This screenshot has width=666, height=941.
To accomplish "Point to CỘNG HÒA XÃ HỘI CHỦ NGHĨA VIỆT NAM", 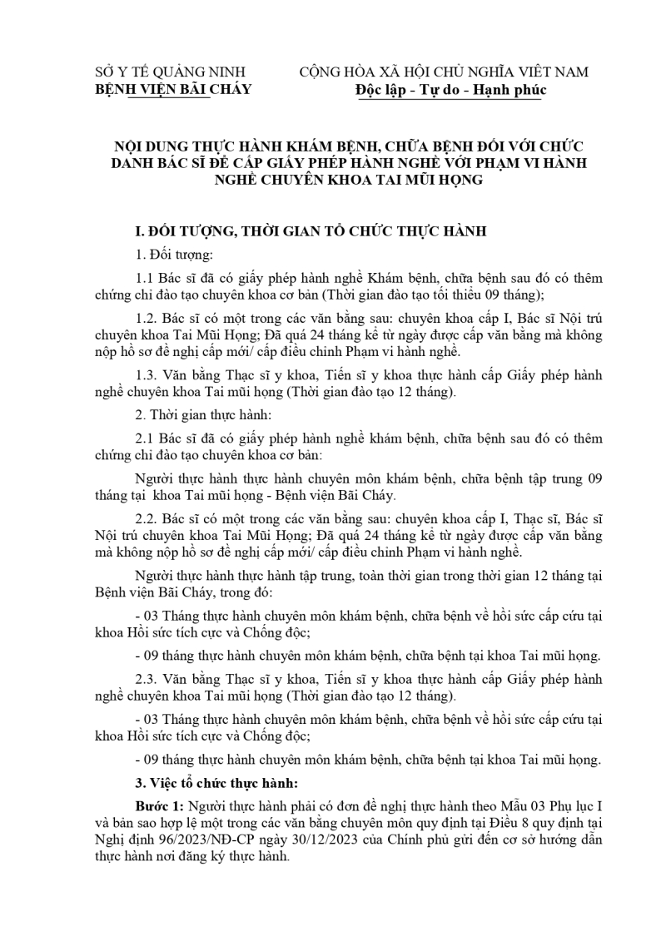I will (444, 72).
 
